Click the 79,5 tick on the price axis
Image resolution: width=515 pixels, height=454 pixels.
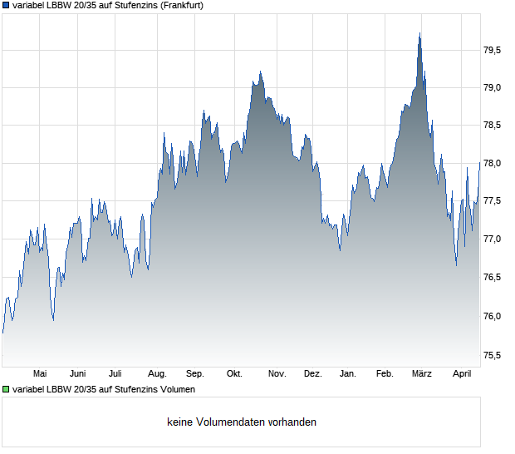pyautogui.click(x=493, y=50)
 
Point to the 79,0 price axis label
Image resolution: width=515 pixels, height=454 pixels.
pyautogui.click(x=493, y=87)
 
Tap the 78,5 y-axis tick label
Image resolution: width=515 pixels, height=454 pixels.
pyautogui.click(x=493, y=126)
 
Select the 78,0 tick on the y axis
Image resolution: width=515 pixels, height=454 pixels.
pyautogui.click(x=493, y=164)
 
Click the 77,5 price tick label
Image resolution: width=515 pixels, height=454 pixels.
pyautogui.click(x=493, y=201)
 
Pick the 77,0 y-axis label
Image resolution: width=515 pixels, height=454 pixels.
pyautogui.click(x=493, y=239)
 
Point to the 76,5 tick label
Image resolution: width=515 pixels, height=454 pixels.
pyautogui.click(x=493, y=278)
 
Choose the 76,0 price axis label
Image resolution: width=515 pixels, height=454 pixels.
pyautogui.click(x=493, y=316)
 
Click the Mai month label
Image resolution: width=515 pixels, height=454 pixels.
pyautogui.click(x=40, y=374)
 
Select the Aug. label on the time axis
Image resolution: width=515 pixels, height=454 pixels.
pyautogui.click(x=157, y=374)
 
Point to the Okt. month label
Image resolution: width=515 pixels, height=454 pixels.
pyautogui.click(x=234, y=374)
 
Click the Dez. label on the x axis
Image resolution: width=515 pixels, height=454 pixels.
pyautogui.click(x=312, y=374)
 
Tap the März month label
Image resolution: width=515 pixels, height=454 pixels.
pyautogui.click(x=422, y=374)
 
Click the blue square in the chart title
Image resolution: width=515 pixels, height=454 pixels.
pyautogui.click(x=6, y=5)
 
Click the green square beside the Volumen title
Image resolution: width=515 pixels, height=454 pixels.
pyautogui.click(x=6, y=389)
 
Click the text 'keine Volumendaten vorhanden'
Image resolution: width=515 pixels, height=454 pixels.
pyautogui.click(x=242, y=422)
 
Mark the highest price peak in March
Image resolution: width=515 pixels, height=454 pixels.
pyautogui.click(x=420, y=33)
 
